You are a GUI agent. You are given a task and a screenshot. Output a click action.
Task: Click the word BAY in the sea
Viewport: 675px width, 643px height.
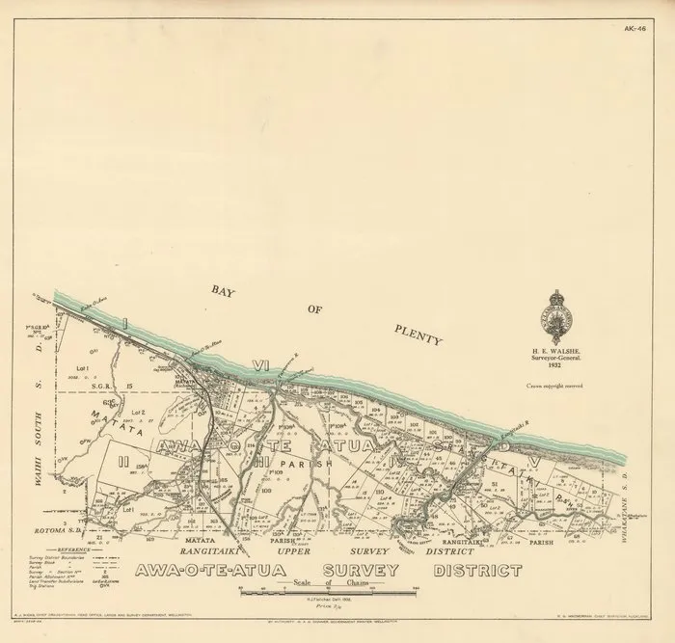click(x=225, y=288)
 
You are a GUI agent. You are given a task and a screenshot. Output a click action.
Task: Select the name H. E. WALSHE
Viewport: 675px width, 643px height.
click(x=560, y=341)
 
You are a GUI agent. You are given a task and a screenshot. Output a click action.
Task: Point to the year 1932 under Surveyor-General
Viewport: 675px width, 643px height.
click(x=560, y=361)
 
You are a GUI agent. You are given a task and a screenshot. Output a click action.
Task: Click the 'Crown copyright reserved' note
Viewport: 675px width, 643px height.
click(x=561, y=385)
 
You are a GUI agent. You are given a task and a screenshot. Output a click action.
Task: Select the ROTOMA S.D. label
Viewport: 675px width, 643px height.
click(x=58, y=527)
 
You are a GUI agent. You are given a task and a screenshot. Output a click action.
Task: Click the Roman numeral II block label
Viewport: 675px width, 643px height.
click(x=122, y=463)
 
